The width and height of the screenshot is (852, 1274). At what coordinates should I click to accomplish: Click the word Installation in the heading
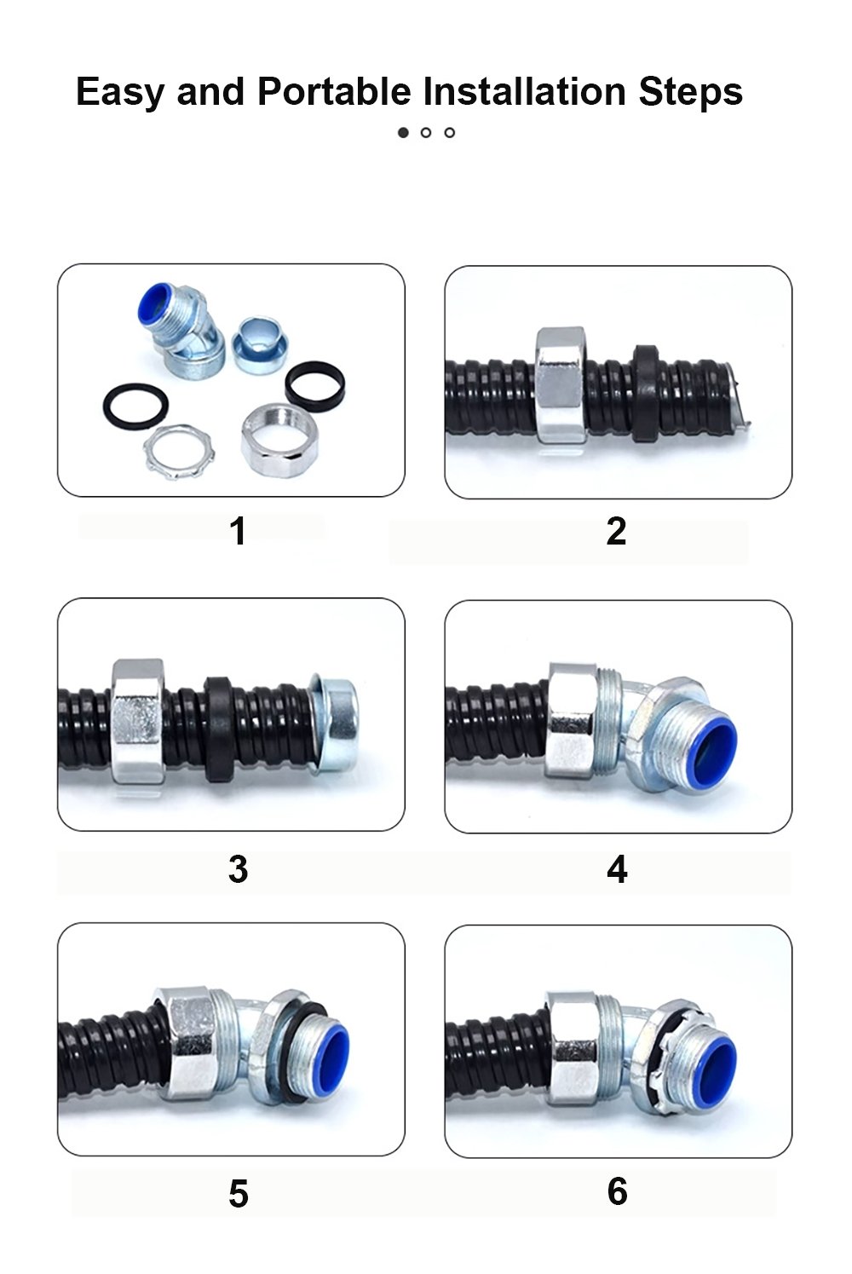(523, 91)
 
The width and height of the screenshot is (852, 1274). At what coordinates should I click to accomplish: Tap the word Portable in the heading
(334, 91)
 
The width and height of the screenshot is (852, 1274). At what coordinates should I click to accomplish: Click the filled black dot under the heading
(403, 133)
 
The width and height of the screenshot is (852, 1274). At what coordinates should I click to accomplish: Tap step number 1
(237, 531)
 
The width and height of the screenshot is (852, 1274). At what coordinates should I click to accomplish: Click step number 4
(617, 869)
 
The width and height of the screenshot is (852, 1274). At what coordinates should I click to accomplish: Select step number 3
(239, 869)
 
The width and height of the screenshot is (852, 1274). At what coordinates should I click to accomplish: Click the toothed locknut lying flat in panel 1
(176, 450)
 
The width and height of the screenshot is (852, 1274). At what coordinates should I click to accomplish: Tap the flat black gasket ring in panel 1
(136, 406)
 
